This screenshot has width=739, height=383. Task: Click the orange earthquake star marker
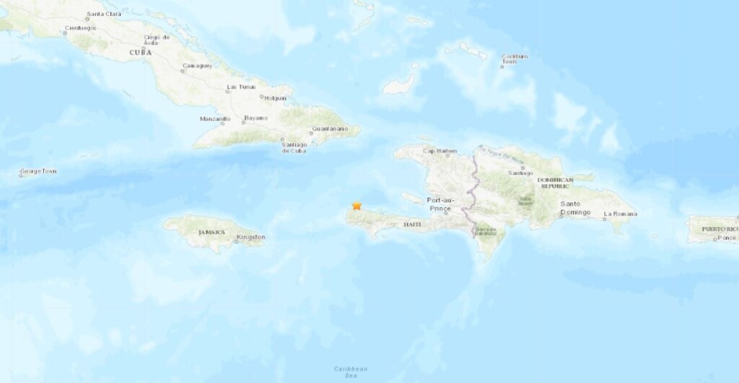coord(357,206)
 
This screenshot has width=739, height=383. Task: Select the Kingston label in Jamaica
coord(250,237)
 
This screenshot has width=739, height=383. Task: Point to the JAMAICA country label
coord(212,232)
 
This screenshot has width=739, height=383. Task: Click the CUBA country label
coord(140,53)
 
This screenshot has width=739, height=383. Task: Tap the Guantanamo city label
coord(329,128)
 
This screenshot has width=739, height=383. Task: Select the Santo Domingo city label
coord(576,208)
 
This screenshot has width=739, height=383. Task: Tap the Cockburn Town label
coord(515,58)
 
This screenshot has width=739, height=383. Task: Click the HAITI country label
coord(412,225)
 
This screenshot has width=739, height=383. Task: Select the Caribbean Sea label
coord(346,371)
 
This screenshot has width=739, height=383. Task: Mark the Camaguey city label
coord(196,66)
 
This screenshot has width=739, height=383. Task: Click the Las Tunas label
coord(241,87)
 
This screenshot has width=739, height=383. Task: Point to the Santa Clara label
coord(103,14)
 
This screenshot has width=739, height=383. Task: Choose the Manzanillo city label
coord(215,118)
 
